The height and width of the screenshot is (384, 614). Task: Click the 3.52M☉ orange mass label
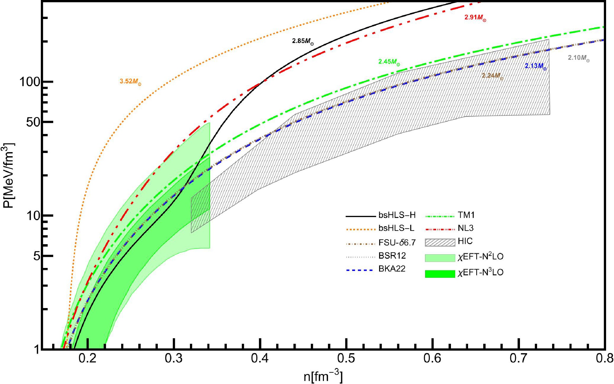click(130, 81)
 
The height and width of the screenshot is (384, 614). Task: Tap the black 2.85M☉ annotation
click(303, 41)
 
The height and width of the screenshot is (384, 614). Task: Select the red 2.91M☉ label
click(475, 18)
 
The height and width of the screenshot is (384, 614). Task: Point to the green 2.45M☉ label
click(389, 62)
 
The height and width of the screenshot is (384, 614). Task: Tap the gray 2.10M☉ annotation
click(578, 58)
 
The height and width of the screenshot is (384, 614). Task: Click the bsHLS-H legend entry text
click(397, 215)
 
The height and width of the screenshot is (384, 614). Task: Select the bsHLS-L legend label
click(396, 228)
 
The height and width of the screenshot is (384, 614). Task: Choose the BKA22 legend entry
click(392, 269)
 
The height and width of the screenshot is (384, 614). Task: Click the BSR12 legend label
click(392, 256)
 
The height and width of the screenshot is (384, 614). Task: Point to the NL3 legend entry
click(465, 228)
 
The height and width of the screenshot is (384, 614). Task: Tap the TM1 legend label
click(466, 215)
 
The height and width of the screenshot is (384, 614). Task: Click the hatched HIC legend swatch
click(440, 242)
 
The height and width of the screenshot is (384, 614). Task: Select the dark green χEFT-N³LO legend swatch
click(440, 274)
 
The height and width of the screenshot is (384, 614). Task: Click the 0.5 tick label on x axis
click(346, 359)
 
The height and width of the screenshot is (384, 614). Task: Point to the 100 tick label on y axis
click(30, 82)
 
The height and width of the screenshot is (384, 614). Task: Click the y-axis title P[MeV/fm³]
click(9, 175)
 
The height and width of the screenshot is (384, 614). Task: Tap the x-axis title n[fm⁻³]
click(323, 377)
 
